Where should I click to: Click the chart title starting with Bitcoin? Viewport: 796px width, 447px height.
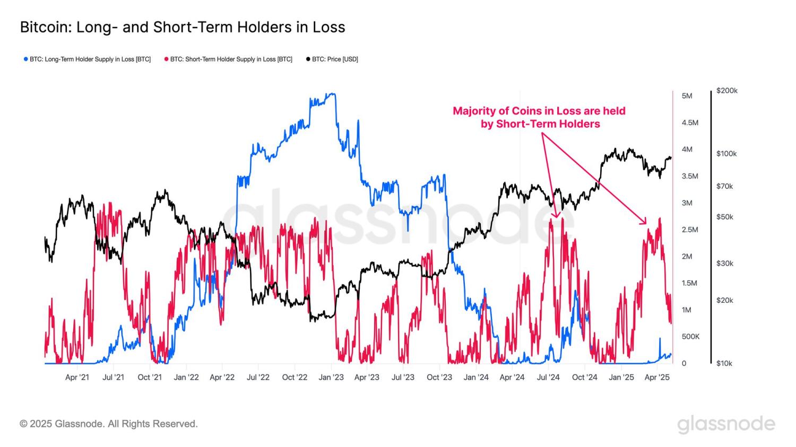tap(182, 27)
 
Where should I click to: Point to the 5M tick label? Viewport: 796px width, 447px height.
tap(687, 96)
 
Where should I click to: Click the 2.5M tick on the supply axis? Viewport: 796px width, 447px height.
tap(689, 230)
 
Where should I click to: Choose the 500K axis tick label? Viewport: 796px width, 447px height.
tap(690, 337)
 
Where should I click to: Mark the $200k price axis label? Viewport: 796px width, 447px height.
tap(726, 91)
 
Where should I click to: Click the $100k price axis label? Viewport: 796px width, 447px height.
tap(726, 154)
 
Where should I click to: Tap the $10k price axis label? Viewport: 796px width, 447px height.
tap(724, 363)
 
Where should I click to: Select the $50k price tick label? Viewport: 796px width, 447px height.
tap(724, 217)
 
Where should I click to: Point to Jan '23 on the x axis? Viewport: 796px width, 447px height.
tap(331, 378)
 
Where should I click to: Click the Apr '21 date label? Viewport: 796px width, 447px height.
tap(77, 378)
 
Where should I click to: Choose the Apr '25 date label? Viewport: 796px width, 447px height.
tap(657, 378)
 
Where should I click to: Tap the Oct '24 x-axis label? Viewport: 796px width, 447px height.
tap(585, 378)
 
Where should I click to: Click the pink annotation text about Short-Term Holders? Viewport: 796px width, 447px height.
tap(539, 117)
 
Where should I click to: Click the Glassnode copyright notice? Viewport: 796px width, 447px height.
tap(109, 424)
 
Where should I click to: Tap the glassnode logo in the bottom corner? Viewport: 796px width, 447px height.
tap(726, 425)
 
